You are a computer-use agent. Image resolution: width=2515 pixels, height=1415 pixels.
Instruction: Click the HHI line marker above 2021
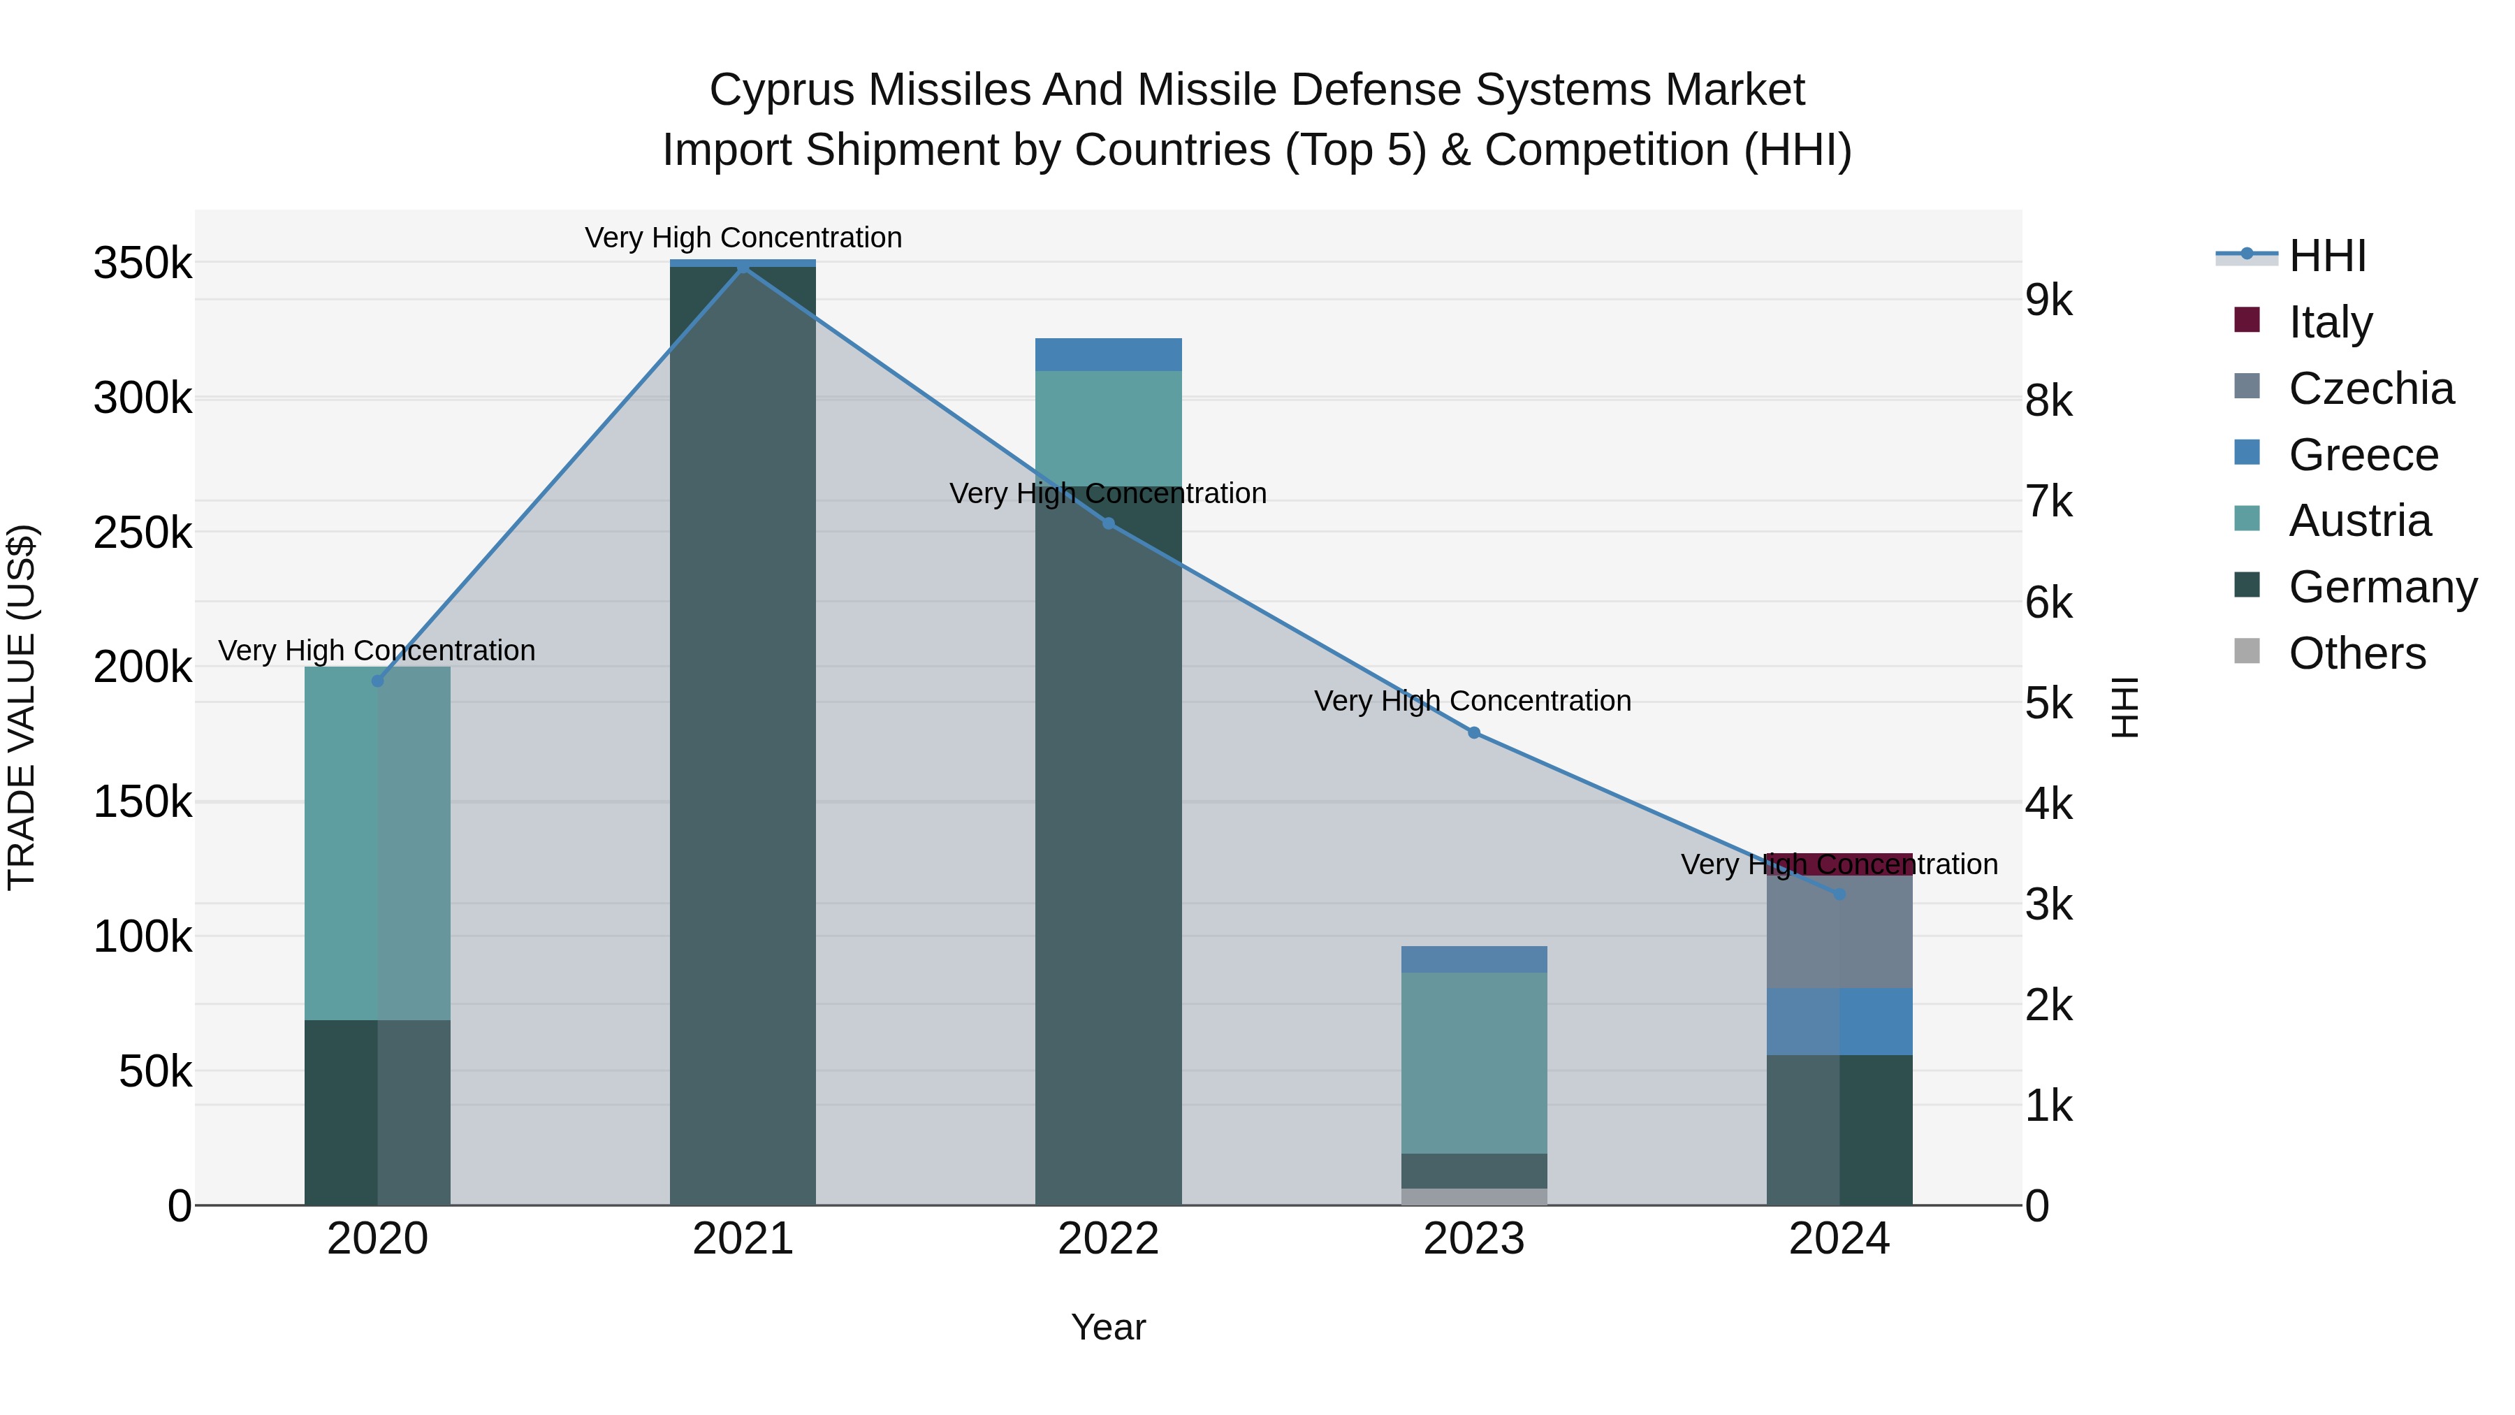(743, 267)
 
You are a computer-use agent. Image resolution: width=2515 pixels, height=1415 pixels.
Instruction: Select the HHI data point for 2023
(1473, 732)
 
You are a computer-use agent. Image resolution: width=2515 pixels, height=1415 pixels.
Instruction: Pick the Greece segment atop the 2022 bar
(1108, 354)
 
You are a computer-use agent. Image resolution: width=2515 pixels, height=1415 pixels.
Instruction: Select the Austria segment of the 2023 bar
(1473, 1062)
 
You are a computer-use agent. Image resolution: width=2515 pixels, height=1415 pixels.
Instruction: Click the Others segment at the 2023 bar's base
(1473, 1196)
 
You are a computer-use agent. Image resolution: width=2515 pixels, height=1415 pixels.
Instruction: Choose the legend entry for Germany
(2382, 587)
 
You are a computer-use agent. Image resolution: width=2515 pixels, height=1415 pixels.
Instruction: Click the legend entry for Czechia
(2370, 389)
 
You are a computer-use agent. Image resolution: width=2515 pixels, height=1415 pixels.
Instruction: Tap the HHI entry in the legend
(2326, 256)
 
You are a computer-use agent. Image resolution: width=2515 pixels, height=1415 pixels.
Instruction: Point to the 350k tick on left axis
(143, 263)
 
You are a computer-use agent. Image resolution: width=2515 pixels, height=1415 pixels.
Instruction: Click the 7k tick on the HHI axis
(2048, 502)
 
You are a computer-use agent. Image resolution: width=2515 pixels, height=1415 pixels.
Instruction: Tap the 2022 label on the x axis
(1108, 1239)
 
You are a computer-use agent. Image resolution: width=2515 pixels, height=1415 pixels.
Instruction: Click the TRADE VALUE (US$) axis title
(22, 707)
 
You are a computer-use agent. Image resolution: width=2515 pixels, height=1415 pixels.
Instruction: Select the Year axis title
(1108, 1327)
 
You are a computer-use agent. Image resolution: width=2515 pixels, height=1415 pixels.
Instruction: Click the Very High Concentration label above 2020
(377, 651)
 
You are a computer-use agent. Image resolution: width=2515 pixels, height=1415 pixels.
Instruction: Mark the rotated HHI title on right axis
(2124, 707)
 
